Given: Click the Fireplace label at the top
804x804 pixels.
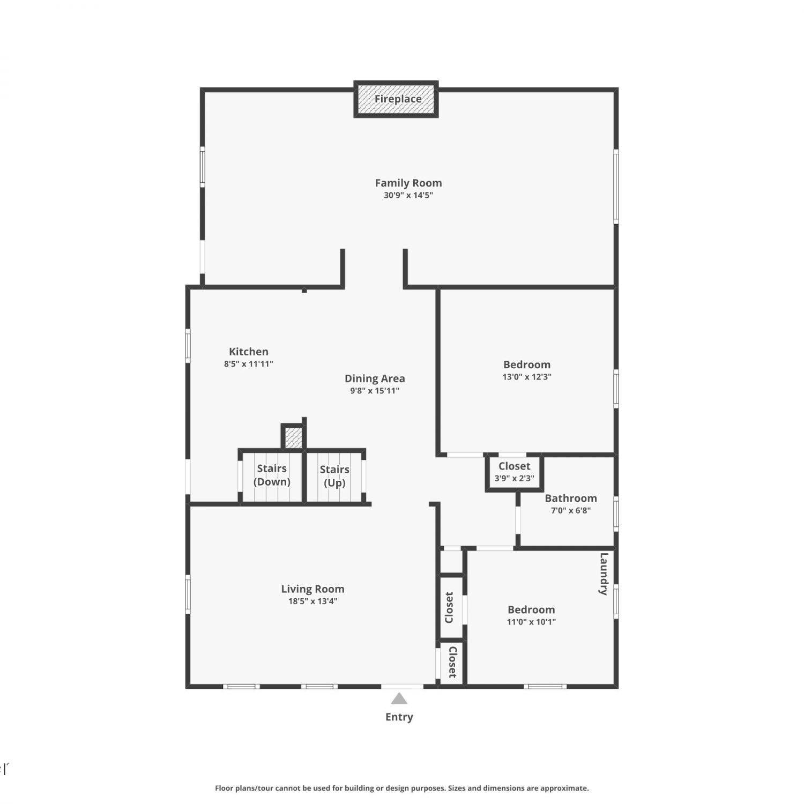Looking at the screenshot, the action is point(398,99).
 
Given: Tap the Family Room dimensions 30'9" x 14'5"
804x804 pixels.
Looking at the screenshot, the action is point(408,195).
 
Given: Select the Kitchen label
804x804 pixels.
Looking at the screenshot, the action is point(249,352).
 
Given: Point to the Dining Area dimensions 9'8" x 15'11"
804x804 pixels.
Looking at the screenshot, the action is point(375,391).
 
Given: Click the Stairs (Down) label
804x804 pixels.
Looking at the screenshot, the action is point(272,475).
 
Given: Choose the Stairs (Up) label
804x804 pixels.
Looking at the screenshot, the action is point(334,476).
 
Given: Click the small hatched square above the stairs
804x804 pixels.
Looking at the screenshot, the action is point(293,437).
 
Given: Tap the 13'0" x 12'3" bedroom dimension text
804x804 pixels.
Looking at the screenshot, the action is point(527,377).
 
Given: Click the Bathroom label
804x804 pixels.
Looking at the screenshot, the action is point(571,498).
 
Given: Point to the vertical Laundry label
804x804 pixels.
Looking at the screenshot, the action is point(604,574).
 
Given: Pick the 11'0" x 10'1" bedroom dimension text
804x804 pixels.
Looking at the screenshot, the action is point(531,622).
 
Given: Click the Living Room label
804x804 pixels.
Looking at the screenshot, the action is point(313,589).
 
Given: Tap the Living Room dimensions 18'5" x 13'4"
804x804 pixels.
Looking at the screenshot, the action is point(313,601).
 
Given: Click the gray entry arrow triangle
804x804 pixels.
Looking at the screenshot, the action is point(399,698).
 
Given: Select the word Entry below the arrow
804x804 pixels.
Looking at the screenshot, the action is point(399,717).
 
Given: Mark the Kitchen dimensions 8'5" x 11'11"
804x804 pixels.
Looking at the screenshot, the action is point(249,364).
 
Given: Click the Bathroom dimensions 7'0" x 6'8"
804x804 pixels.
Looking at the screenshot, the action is point(571,511).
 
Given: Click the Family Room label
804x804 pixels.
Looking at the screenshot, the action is point(408,183).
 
